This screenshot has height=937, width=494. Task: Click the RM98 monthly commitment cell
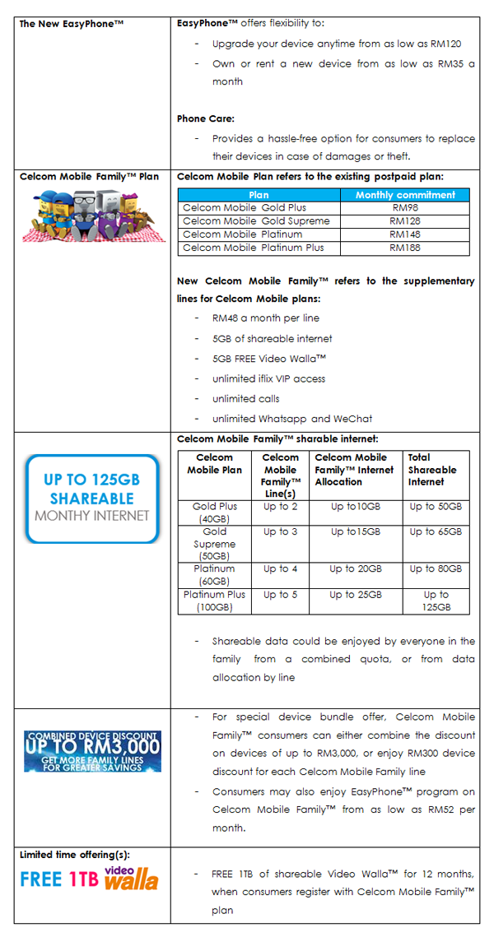[x=404, y=208]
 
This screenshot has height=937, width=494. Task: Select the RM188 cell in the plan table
[x=404, y=248]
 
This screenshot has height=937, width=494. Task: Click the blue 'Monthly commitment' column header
[x=404, y=195]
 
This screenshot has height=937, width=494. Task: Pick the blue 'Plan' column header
[x=259, y=195]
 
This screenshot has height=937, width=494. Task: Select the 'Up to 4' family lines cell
[x=281, y=568]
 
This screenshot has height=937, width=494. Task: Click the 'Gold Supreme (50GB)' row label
[x=214, y=544]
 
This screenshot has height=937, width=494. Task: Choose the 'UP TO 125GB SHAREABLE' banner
[x=92, y=499]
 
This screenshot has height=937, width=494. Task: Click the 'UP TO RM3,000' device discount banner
[x=92, y=750]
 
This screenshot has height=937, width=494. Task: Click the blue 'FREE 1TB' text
[x=58, y=879]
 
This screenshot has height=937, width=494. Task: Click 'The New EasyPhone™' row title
[x=72, y=24]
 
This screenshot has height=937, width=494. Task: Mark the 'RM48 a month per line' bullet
[x=265, y=318]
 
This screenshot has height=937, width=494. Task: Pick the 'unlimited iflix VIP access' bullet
[x=268, y=378]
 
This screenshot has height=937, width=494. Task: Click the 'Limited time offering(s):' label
[x=75, y=855]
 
